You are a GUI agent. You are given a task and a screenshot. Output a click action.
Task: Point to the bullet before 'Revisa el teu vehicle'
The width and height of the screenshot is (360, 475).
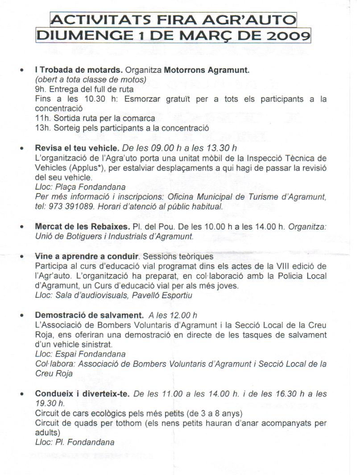coord(22,148)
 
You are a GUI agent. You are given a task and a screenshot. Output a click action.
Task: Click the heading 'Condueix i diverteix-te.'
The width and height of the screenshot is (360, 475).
coord(83,394)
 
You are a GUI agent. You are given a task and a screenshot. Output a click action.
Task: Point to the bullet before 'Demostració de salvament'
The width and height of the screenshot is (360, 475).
coord(22,315)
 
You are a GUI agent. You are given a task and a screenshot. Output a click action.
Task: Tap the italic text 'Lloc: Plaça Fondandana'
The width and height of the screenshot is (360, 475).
coord(80,187)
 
